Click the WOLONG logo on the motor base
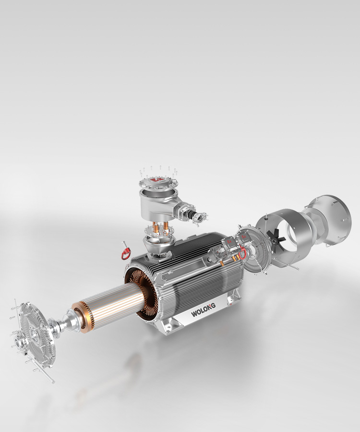[x=203, y=310]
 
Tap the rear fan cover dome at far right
[x=329, y=220]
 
